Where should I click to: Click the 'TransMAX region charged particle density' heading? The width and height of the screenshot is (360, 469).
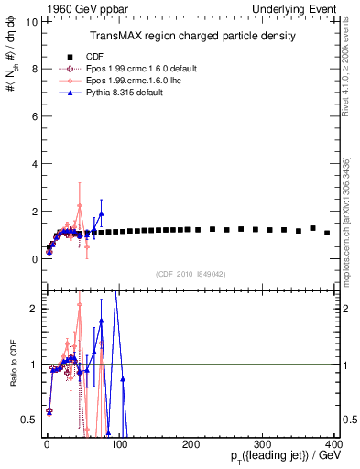[191, 36]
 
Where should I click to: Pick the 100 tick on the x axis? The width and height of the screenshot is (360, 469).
[118, 443]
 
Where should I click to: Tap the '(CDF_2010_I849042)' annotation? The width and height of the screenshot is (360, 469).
[191, 273]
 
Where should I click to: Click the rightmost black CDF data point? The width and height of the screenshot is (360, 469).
[327, 233]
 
